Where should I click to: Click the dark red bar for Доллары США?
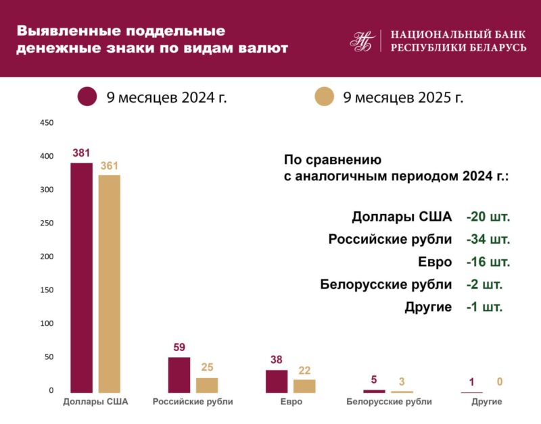pos(81,277)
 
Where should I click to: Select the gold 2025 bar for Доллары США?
pos(109,284)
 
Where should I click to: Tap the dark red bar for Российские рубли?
pos(179,375)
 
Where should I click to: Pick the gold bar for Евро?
pos(304,386)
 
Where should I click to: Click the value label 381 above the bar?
pos(81,153)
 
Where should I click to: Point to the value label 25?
pos(207,367)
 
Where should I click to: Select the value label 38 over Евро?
pos(276,360)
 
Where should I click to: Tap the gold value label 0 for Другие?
pos(500,382)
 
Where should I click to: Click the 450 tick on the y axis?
pos(47,123)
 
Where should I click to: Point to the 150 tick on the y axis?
pos(47,290)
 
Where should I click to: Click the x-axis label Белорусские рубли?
pos(379,402)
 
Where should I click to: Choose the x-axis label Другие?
pos(486,402)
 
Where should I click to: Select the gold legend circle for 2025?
pos(325,97)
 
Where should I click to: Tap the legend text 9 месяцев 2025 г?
pos(403,97)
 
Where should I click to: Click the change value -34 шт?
pos(488,240)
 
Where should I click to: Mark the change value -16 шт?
pos(488,262)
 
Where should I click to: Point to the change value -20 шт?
pos(488,217)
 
